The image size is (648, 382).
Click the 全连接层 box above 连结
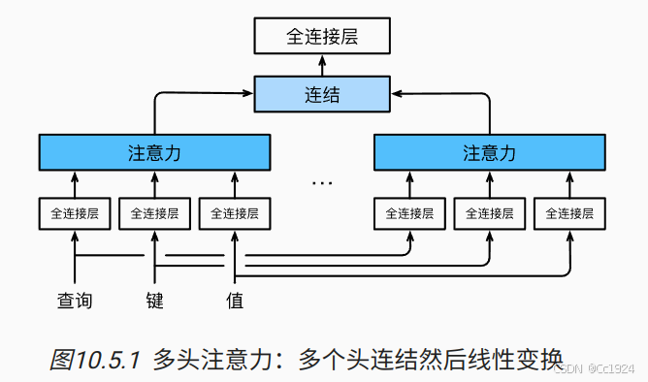(x=323, y=38)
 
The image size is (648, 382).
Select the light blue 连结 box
(x=323, y=96)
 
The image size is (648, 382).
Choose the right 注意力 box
(x=489, y=153)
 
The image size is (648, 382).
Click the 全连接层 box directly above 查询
(x=75, y=212)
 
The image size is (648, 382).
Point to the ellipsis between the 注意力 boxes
(x=322, y=181)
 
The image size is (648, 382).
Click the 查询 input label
(x=75, y=301)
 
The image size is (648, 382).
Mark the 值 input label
(x=235, y=301)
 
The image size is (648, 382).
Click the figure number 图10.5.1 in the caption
(x=95, y=359)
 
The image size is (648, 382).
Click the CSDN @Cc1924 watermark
(x=599, y=369)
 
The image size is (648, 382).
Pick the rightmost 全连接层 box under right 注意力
(x=568, y=212)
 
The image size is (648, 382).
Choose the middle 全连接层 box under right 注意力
(x=489, y=212)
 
